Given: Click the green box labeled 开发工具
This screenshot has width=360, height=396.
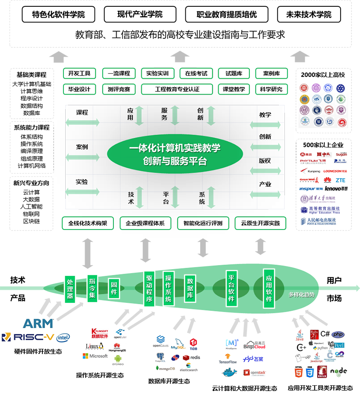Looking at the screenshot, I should (x=79, y=73).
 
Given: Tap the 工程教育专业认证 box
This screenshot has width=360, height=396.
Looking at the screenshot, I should (x=176, y=89).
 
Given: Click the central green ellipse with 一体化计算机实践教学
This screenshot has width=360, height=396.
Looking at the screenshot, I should (x=175, y=154).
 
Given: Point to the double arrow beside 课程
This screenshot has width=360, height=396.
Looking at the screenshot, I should (x=82, y=122).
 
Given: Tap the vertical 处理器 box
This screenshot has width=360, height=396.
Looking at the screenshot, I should (x=70, y=288).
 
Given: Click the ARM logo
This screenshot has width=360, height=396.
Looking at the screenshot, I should (x=38, y=323).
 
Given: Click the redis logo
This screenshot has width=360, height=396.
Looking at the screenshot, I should (x=192, y=357).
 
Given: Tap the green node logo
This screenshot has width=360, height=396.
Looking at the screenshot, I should (x=338, y=372).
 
